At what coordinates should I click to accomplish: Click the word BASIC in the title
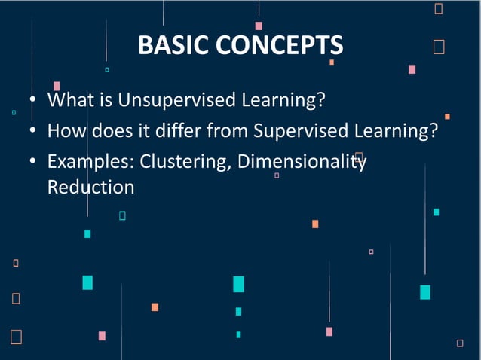174,45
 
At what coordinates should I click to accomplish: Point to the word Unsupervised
163,100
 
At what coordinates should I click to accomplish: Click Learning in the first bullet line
273,100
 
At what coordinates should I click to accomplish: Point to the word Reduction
90,187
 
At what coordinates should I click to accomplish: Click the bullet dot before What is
33,101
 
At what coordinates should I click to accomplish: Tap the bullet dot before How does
33,132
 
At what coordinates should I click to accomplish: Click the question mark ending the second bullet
434,131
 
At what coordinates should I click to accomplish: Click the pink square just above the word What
57,86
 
